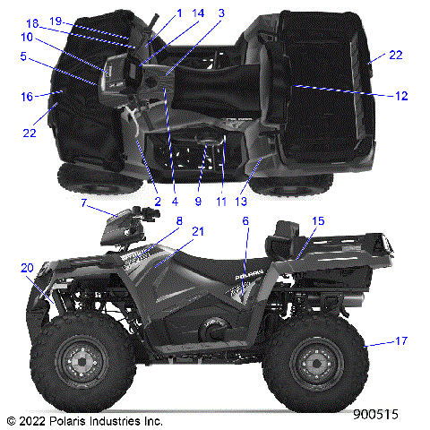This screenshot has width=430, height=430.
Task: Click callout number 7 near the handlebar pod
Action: click(x=84, y=203)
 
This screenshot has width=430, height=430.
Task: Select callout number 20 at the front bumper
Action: click(x=26, y=268)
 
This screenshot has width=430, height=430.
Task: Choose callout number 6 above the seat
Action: click(x=245, y=220)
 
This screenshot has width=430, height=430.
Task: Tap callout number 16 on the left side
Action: click(x=27, y=95)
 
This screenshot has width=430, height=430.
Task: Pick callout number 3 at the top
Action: click(x=221, y=13)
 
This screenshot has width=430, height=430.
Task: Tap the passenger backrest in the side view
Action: click(x=284, y=237)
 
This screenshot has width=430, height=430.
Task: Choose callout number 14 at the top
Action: click(x=198, y=13)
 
